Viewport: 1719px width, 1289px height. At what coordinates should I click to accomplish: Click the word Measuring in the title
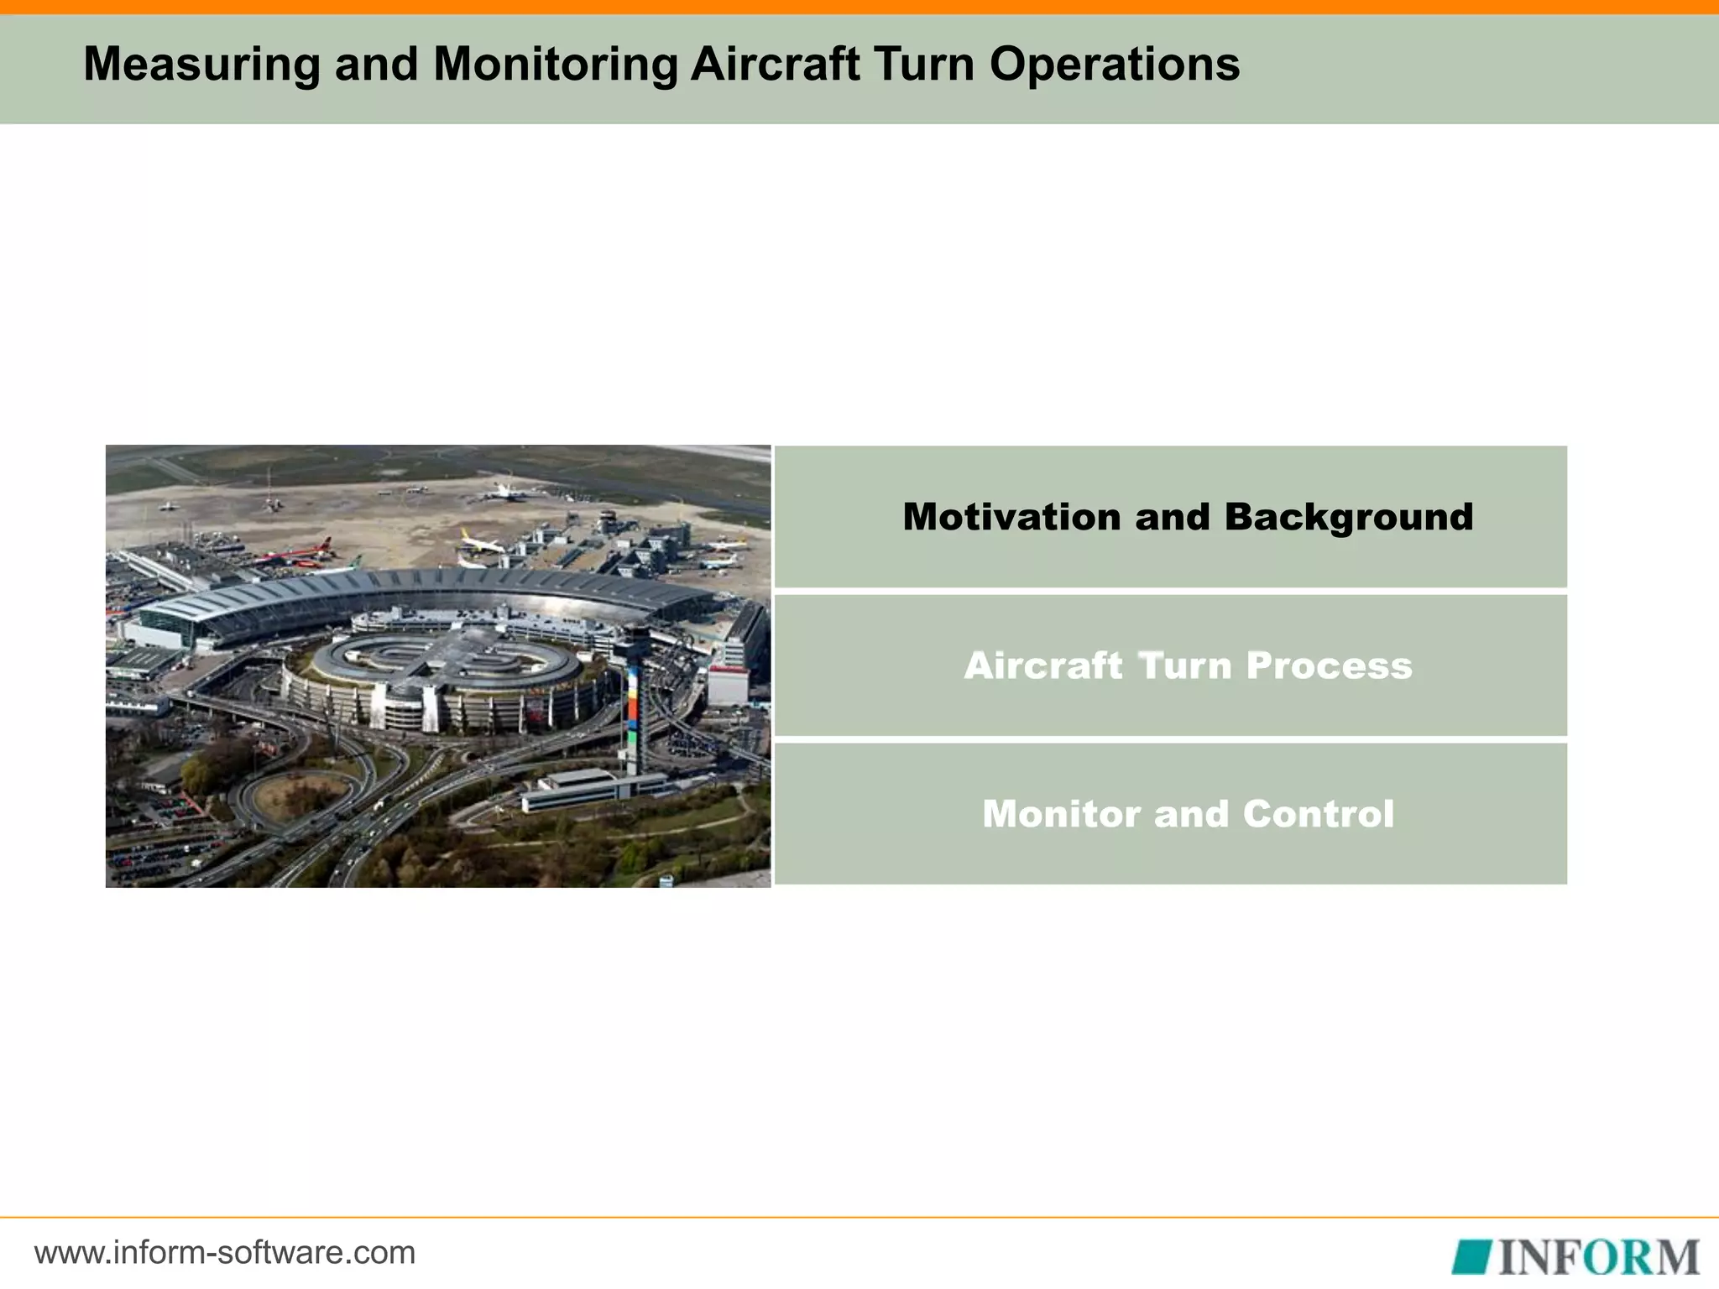pos(201,64)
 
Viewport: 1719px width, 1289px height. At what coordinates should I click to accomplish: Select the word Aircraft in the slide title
pos(775,64)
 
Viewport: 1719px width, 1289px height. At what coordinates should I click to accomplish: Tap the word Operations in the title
pos(1114,64)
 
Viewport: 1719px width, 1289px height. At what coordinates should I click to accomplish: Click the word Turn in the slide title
pos(923,64)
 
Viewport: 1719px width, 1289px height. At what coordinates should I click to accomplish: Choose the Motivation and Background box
pos(1170,517)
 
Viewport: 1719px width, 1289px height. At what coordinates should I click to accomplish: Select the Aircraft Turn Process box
pos(1170,665)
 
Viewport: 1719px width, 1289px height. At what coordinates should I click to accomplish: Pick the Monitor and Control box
pos(1170,814)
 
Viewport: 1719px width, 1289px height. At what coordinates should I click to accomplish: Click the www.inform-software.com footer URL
pos(225,1253)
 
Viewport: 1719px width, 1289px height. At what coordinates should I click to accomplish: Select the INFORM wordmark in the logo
pos(1598,1256)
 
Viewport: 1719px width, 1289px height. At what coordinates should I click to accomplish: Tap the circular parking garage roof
pos(445,659)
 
